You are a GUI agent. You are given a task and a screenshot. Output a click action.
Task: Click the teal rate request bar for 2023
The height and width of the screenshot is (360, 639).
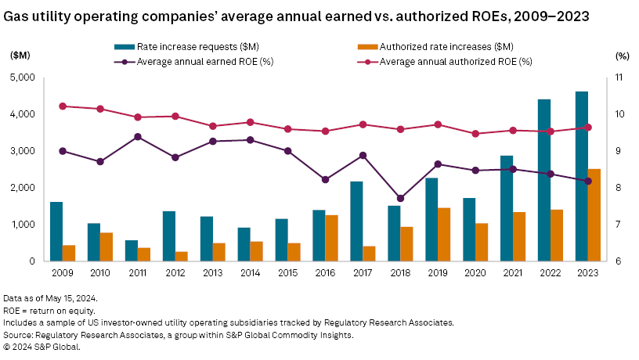click(x=582, y=176)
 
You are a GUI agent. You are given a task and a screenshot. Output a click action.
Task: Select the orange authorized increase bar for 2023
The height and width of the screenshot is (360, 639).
click(x=594, y=214)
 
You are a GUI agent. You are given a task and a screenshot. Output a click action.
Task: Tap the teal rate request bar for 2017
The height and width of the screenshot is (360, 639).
click(x=356, y=221)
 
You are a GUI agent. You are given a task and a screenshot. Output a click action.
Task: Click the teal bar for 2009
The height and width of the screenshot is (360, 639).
click(x=56, y=231)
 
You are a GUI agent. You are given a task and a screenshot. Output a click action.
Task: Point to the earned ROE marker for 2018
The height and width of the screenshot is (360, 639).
click(x=400, y=198)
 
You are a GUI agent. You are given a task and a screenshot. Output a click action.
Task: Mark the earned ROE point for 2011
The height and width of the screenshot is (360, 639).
click(x=138, y=137)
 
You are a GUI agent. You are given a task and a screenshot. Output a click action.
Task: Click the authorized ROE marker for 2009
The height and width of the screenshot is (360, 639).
click(x=63, y=106)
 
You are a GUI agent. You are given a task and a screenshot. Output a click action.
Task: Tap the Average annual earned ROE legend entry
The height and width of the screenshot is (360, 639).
click(x=196, y=60)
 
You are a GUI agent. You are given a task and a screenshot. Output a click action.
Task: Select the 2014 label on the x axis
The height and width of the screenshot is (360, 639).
click(x=250, y=273)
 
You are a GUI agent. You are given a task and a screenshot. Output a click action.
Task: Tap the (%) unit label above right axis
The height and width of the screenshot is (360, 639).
click(x=623, y=56)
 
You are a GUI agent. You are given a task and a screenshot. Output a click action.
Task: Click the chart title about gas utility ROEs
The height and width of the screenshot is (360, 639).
click(x=297, y=16)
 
